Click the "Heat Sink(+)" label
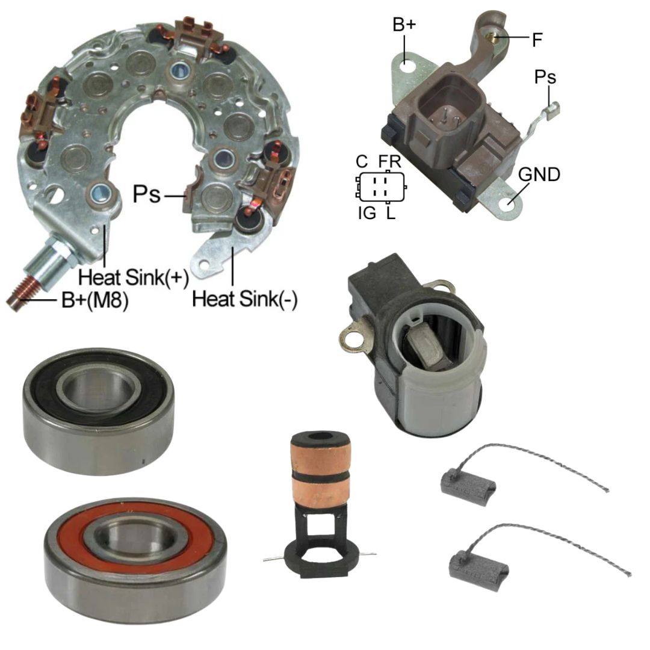tap(134, 277)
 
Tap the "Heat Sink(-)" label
tap(244, 299)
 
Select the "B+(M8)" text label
tap(95, 300)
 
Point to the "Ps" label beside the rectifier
tap(146, 194)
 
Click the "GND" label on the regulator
tap(539, 175)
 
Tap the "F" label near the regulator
tap(537, 40)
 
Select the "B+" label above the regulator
tap(404, 25)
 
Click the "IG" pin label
tap(367, 213)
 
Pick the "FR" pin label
tap(389, 161)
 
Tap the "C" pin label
tap(362, 161)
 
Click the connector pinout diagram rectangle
tap(382, 187)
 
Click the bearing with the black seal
tap(99, 411)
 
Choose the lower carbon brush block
tap(479, 567)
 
